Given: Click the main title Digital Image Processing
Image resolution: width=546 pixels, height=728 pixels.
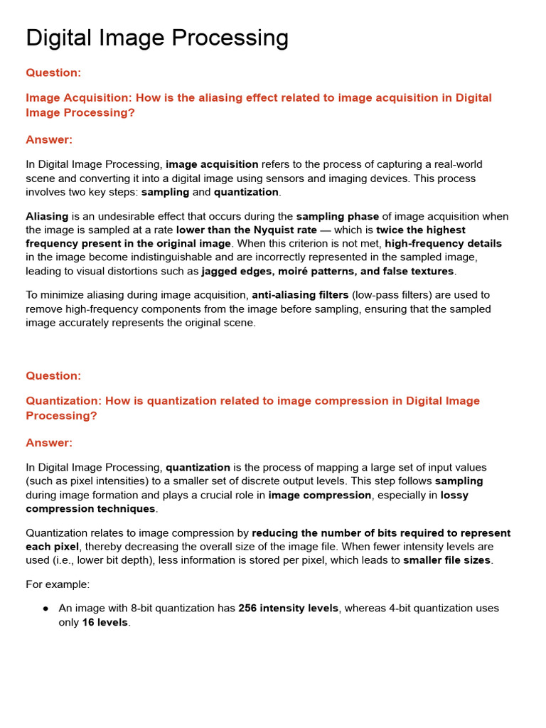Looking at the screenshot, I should tap(157, 38).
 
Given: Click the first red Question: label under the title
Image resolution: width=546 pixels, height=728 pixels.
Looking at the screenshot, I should tap(53, 73).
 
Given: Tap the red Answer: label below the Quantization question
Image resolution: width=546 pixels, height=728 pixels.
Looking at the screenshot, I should tap(49, 443).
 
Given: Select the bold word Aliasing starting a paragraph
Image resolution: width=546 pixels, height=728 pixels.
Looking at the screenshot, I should tap(47, 216).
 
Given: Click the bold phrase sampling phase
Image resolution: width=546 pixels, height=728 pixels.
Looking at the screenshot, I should tap(337, 216).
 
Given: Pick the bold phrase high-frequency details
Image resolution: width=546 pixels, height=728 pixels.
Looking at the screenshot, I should tap(443, 244).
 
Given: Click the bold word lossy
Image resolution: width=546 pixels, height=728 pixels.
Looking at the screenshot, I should tap(454, 496).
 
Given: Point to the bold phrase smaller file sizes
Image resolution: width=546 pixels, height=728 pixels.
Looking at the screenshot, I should tap(447, 560).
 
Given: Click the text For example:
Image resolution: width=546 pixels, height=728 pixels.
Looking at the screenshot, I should tap(58, 584).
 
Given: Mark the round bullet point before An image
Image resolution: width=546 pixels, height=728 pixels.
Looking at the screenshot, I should tap(45, 609).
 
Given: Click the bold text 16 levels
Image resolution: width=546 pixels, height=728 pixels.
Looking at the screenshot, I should tap(105, 623).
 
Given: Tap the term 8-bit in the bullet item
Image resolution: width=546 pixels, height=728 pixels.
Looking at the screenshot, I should tap(144, 609).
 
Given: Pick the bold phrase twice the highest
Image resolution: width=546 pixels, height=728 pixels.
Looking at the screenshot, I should tap(421, 230).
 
